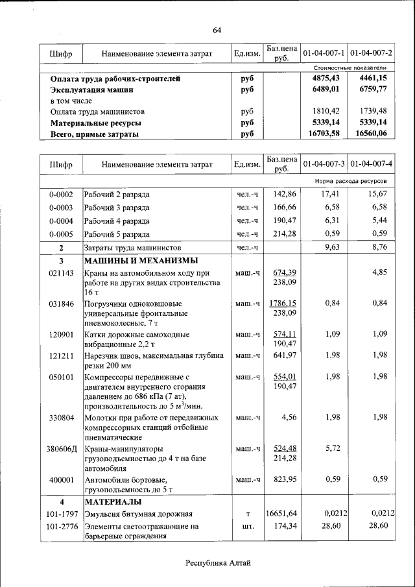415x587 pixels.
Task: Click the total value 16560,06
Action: (x=372, y=134)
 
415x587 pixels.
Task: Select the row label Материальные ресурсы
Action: (x=96, y=123)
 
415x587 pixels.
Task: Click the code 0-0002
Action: (x=61, y=194)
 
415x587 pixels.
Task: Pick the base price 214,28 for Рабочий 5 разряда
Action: (x=284, y=234)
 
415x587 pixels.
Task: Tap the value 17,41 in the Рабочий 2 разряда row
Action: (x=331, y=194)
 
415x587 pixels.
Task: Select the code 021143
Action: (x=61, y=273)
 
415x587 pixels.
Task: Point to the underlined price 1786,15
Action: (x=282, y=303)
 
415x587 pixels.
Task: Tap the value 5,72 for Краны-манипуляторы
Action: (x=331, y=448)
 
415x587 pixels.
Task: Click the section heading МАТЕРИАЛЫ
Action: (x=113, y=502)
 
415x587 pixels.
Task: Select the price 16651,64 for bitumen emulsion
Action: (x=281, y=514)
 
